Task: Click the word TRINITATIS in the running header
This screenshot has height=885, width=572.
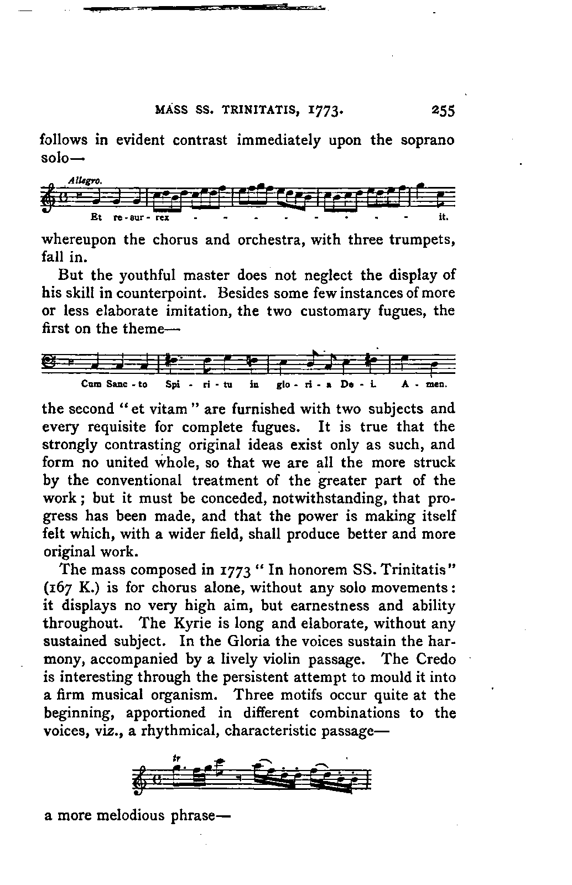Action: click(x=254, y=110)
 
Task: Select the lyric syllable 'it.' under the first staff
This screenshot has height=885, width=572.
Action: click(x=443, y=217)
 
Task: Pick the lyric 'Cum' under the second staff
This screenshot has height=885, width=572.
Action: click(x=89, y=383)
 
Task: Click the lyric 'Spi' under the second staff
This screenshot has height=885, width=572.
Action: click(x=171, y=383)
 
